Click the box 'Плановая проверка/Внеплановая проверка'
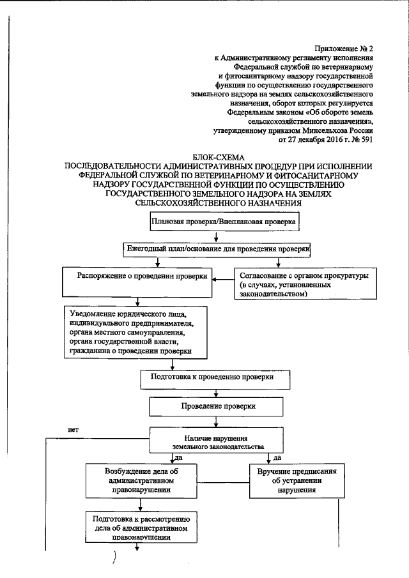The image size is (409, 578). tap(224, 222)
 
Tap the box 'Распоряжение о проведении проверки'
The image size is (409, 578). tap(143, 278)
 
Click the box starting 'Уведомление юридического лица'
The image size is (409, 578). tap(136, 333)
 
